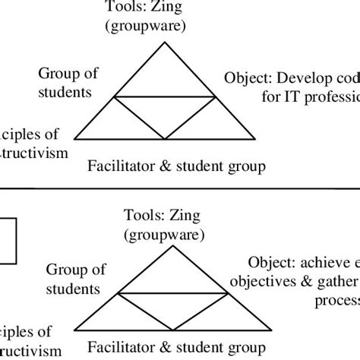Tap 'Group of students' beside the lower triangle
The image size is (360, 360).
pos(72,278)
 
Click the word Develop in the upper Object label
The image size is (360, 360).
pos(302,79)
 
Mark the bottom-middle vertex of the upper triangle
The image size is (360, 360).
pos(165,139)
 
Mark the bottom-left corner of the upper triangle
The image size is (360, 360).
pos(74,139)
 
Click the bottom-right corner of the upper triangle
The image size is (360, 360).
pos(255,139)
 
